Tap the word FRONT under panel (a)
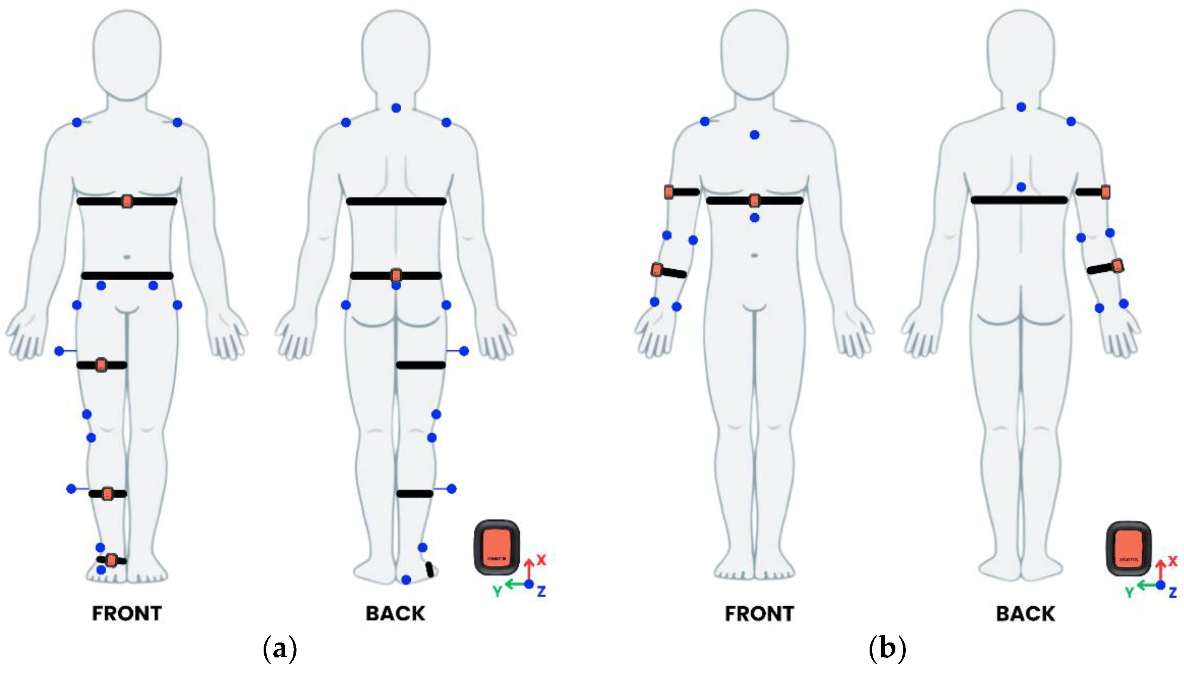tap(127, 613)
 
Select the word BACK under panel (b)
tap(1025, 614)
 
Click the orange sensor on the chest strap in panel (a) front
tap(127, 201)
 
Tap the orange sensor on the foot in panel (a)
tap(111, 560)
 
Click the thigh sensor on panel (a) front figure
tap(101, 365)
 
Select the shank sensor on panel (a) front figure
tap(108, 493)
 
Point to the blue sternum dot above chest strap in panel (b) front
tap(755, 135)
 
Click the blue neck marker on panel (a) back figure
tap(396, 108)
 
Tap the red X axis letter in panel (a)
tap(541, 560)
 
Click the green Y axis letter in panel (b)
tap(1129, 592)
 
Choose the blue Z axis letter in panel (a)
tap(541, 592)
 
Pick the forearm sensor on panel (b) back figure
tap(1117, 266)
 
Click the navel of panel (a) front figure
tap(127, 257)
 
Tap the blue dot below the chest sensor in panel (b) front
tap(755, 217)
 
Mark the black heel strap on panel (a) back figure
tap(429, 569)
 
